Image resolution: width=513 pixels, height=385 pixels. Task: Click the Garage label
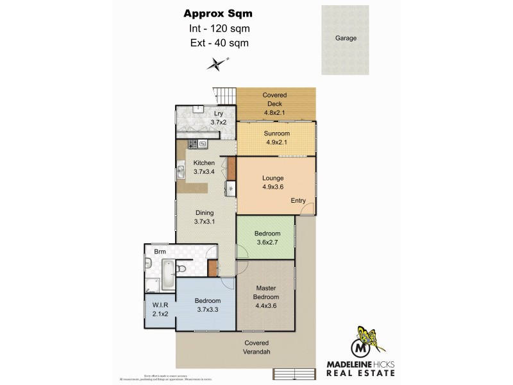[345, 38]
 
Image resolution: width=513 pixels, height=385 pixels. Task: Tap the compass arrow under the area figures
[217, 63]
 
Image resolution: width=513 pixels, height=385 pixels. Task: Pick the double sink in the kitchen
[181, 171]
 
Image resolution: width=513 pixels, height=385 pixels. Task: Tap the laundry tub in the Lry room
[199, 108]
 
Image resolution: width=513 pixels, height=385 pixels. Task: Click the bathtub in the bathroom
[167, 271]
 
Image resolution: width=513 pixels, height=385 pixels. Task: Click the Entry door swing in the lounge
[308, 209]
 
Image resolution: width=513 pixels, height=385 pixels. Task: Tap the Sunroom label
[276, 134]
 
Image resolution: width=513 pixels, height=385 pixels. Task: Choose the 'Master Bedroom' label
[266, 293]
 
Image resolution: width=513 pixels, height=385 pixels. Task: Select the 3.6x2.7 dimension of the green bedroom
[267, 243]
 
